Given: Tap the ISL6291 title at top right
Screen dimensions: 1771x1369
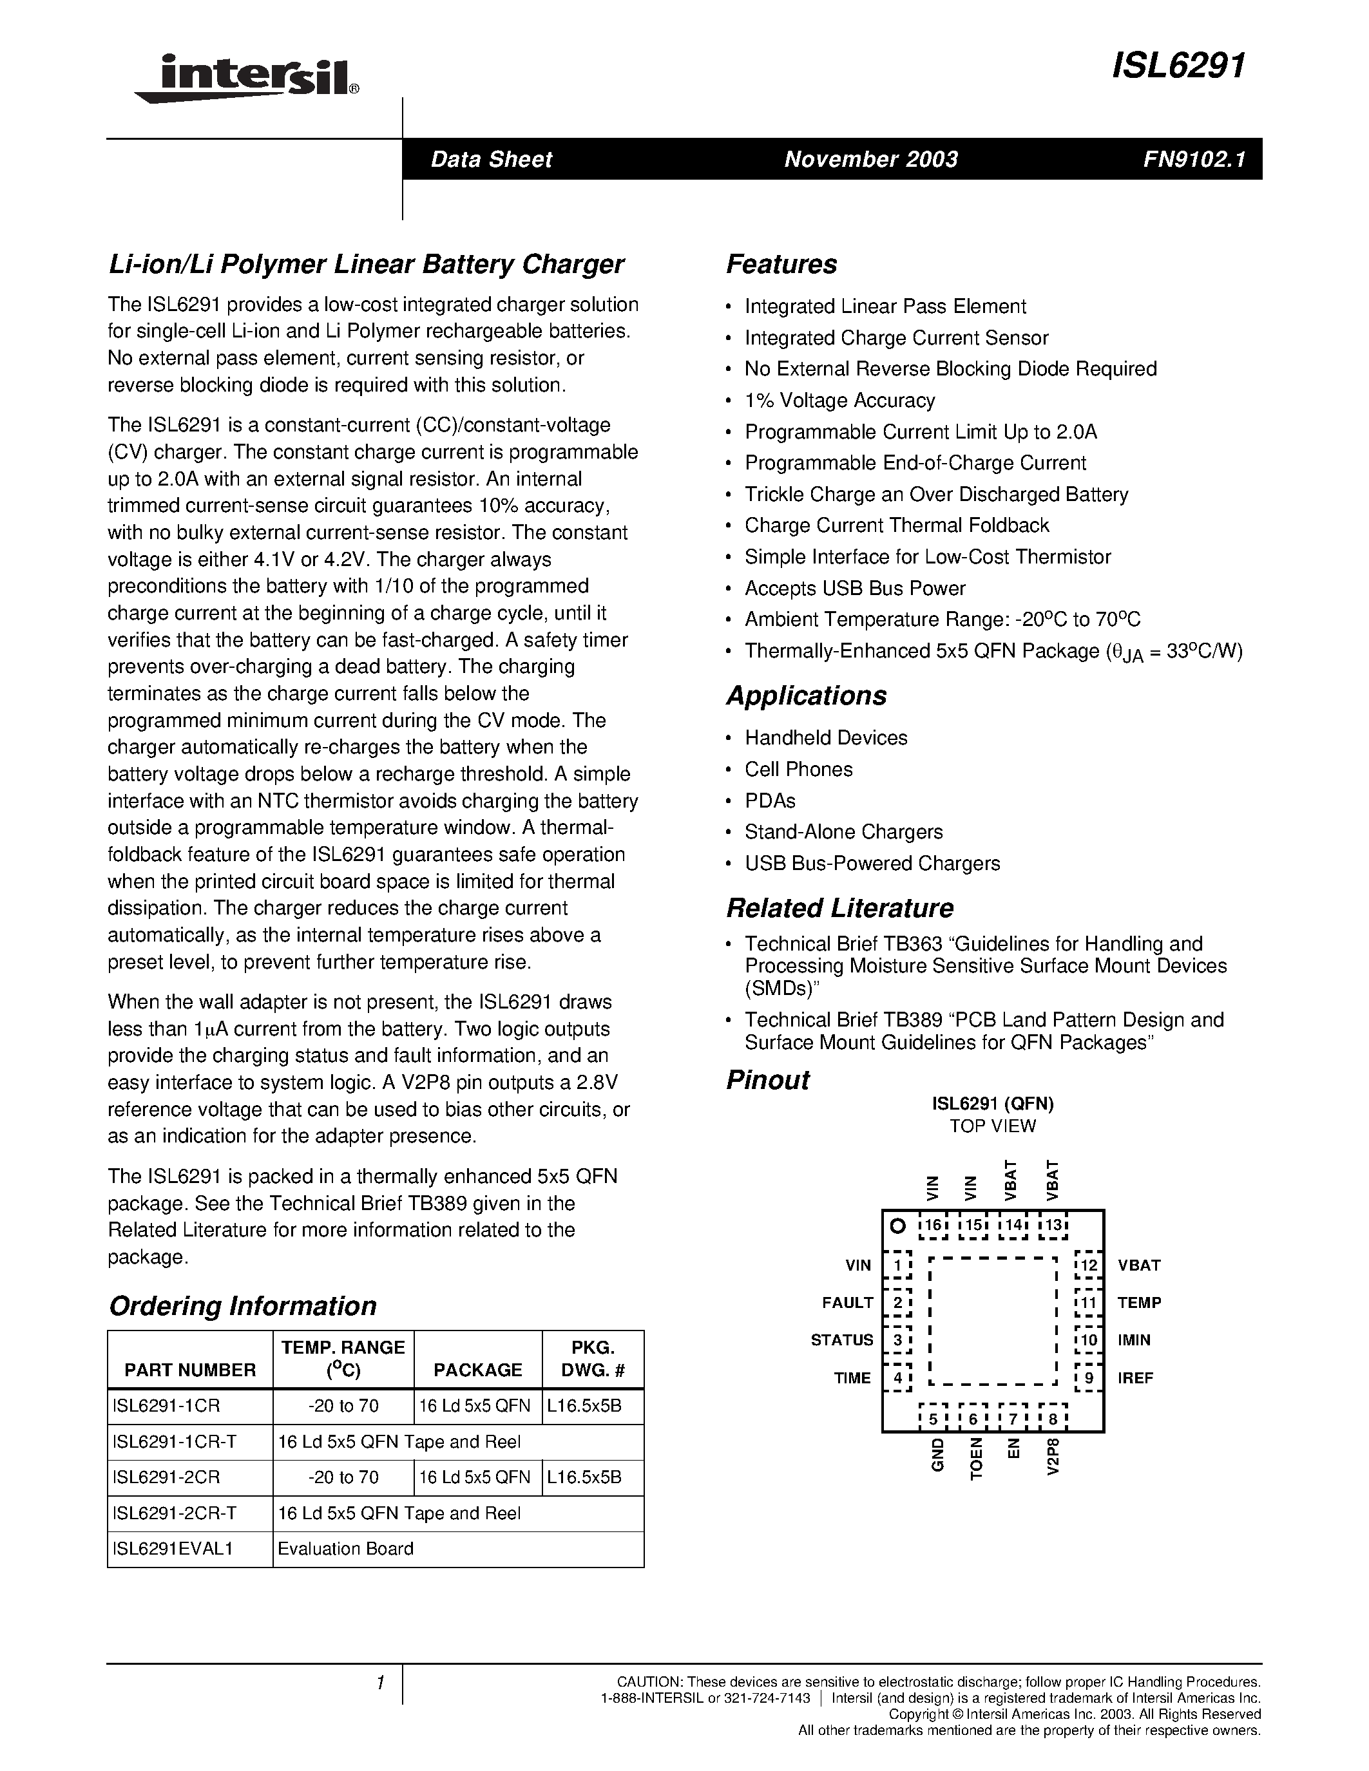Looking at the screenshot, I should [1178, 66].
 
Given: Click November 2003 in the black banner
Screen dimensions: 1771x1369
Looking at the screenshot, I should [871, 159].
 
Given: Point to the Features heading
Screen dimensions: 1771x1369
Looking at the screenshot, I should [781, 264].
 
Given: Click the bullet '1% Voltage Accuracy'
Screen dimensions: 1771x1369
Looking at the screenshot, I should [839, 401].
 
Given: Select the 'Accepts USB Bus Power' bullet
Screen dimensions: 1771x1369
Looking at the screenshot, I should [855, 589].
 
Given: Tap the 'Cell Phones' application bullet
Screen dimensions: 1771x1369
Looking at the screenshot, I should [798, 770].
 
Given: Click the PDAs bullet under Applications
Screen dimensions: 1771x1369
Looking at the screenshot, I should [770, 801].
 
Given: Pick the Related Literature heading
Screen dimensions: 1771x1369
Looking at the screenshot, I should [839, 908].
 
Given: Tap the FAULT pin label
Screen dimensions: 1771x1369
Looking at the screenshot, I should [848, 1303].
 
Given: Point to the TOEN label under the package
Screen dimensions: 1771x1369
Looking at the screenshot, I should [977, 1459].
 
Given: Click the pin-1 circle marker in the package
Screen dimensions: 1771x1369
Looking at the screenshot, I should [897, 1226].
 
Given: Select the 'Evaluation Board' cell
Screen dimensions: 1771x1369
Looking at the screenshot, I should [345, 1549].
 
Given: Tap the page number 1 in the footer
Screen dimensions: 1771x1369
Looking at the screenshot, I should [379, 1683].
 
